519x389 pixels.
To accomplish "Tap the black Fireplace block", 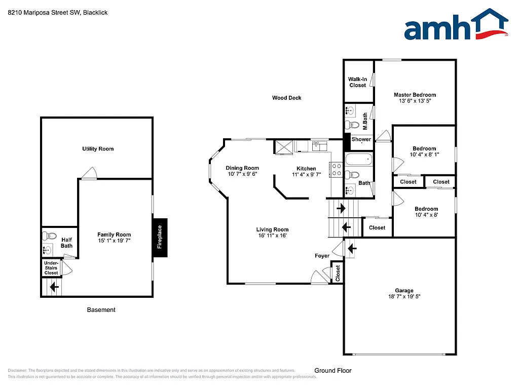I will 160,237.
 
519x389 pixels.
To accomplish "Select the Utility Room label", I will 98,149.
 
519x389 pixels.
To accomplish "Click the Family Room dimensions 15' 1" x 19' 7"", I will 114,241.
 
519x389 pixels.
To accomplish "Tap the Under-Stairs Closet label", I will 51,268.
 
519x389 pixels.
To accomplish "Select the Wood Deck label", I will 286,98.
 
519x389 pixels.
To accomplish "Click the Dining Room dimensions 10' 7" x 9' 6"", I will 242,174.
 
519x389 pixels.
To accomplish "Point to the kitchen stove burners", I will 337,170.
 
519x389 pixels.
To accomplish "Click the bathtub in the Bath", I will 358,161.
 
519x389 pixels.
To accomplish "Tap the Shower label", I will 361,139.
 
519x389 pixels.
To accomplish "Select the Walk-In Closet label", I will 357,82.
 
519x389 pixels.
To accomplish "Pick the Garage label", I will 404,291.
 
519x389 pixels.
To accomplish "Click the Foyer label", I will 322,256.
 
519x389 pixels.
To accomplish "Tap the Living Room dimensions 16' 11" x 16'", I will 272,236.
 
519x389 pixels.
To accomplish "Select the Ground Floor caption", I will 332,370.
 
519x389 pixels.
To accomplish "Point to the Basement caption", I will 101,309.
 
